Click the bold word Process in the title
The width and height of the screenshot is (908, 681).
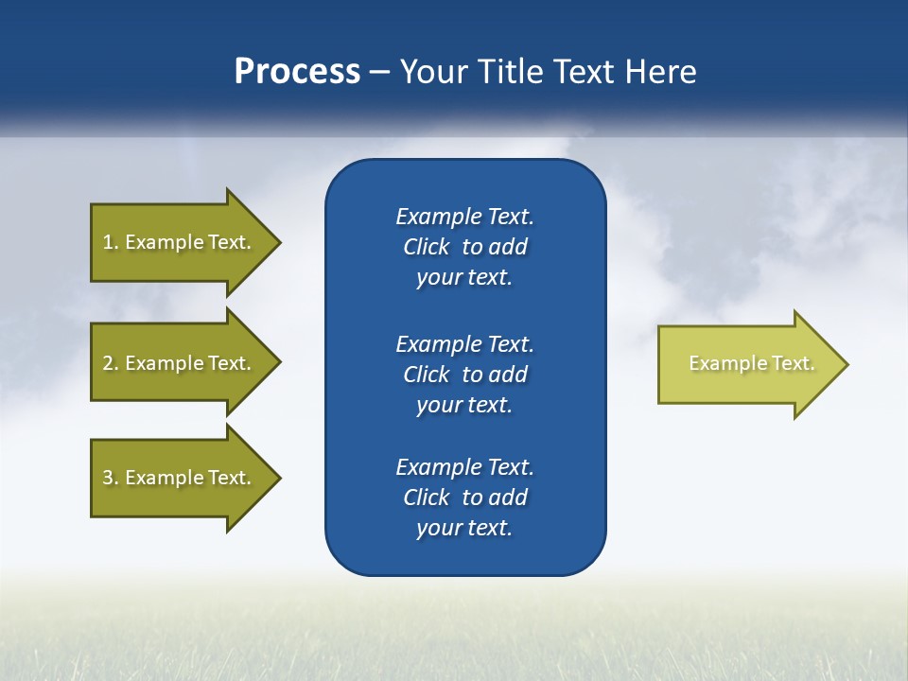pos(297,72)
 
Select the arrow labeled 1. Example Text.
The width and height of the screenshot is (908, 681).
pos(180,242)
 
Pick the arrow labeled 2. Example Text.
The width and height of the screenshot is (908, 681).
pos(180,363)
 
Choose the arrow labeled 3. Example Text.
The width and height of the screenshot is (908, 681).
pos(180,478)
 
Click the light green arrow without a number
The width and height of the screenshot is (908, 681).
pos(747,364)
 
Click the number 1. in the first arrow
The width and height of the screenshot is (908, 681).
pos(111,242)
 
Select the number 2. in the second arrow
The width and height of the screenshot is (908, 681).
pos(111,363)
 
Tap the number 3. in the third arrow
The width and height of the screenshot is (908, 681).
pos(111,478)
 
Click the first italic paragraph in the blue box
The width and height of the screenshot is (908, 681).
pos(464,247)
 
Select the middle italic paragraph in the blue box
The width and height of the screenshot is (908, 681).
pos(464,375)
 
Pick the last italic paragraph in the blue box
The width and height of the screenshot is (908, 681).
pos(464,498)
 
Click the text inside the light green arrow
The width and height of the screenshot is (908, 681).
pos(751,363)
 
